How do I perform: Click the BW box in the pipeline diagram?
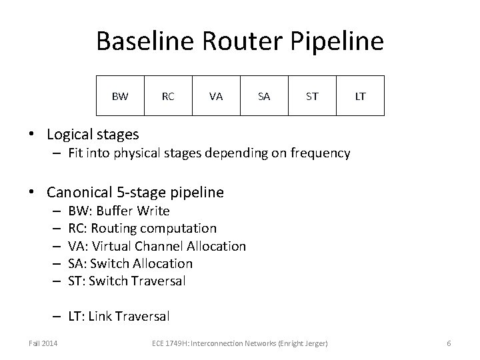pyautogui.click(x=120, y=97)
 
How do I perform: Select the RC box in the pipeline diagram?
pyautogui.click(x=168, y=97)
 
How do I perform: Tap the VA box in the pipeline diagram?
pyautogui.click(x=216, y=97)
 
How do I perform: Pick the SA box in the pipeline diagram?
pyautogui.click(x=264, y=97)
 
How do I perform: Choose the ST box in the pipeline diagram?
pyautogui.click(x=312, y=97)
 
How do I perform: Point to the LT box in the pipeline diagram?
pyautogui.click(x=360, y=97)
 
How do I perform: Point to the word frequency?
pyautogui.click(x=317, y=153)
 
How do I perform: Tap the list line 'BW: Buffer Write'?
pyautogui.click(x=119, y=211)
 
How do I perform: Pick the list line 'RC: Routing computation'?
pyautogui.click(x=142, y=229)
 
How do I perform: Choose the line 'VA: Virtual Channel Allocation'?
pyautogui.click(x=157, y=246)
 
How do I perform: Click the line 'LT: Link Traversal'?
pyautogui.click(x=119, y=315)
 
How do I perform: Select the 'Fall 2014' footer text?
pyautogui.click(x=42, y=343)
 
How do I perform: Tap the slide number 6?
pyautogui.click(x=449, y=343)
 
